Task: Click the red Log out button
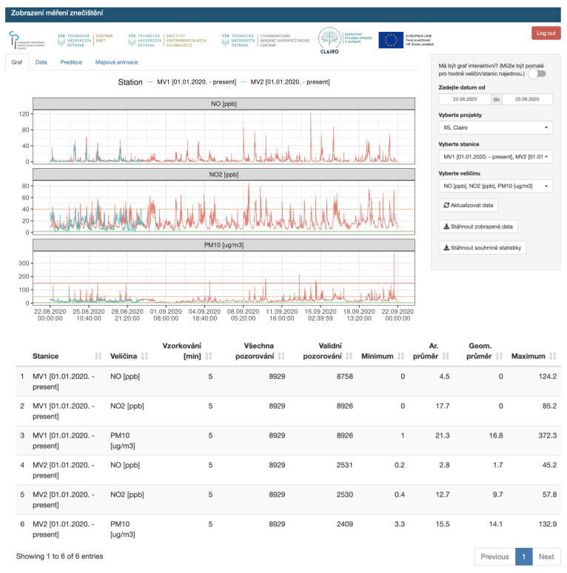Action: coord(546,33)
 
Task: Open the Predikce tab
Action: coord(71,62)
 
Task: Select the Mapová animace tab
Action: coord(116,62)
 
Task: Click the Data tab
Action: coord(41,62)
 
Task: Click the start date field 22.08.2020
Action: coord(464,98)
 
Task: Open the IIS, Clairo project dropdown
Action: coord(495,127)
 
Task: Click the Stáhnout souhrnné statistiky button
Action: coord(482,247)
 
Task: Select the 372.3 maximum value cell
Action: coord(544,435)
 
